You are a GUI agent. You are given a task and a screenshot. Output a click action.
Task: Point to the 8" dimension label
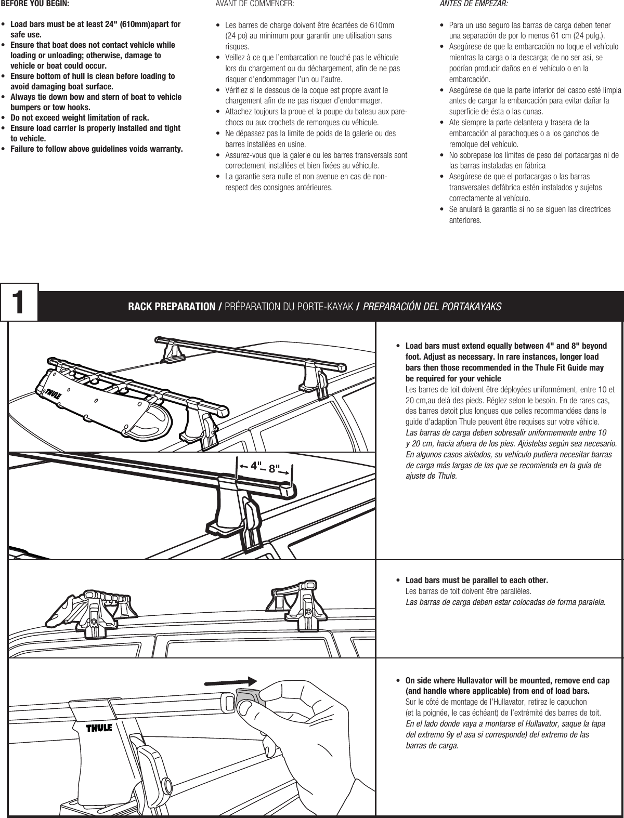(274, 468)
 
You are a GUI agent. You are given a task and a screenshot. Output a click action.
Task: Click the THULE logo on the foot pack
(99, 728)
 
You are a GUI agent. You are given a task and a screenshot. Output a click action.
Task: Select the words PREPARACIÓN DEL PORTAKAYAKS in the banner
(432, 307)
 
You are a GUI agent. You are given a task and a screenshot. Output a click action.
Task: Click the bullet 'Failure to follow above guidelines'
(97, 150)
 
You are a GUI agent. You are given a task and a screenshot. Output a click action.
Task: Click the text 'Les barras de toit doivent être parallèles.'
(468, 591)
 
